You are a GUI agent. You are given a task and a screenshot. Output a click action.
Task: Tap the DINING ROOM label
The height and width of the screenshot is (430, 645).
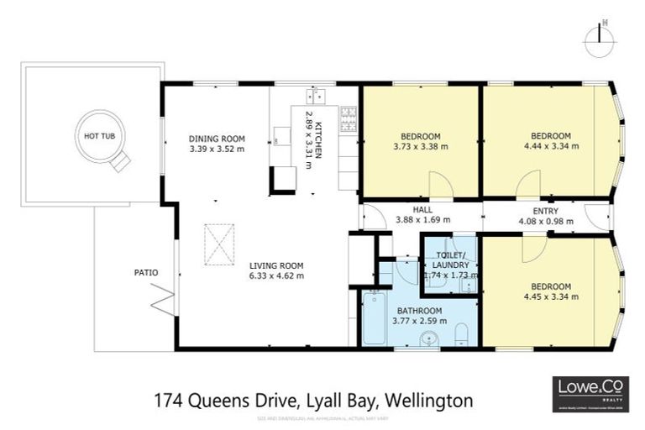click(x=217, y=139)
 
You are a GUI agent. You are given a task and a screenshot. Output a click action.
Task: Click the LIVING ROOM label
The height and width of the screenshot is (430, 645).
click(x=276, y=265)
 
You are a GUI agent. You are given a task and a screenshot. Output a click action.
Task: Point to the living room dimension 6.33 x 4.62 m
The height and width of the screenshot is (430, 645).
click(x=276, y=275)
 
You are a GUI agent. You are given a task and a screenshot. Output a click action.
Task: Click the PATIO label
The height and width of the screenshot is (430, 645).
click(x=146, y=272)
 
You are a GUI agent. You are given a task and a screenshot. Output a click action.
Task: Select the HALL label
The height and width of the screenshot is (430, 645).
click(x=422, y=210)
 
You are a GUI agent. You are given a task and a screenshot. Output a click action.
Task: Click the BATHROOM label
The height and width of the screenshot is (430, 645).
click(x=421, y=311)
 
